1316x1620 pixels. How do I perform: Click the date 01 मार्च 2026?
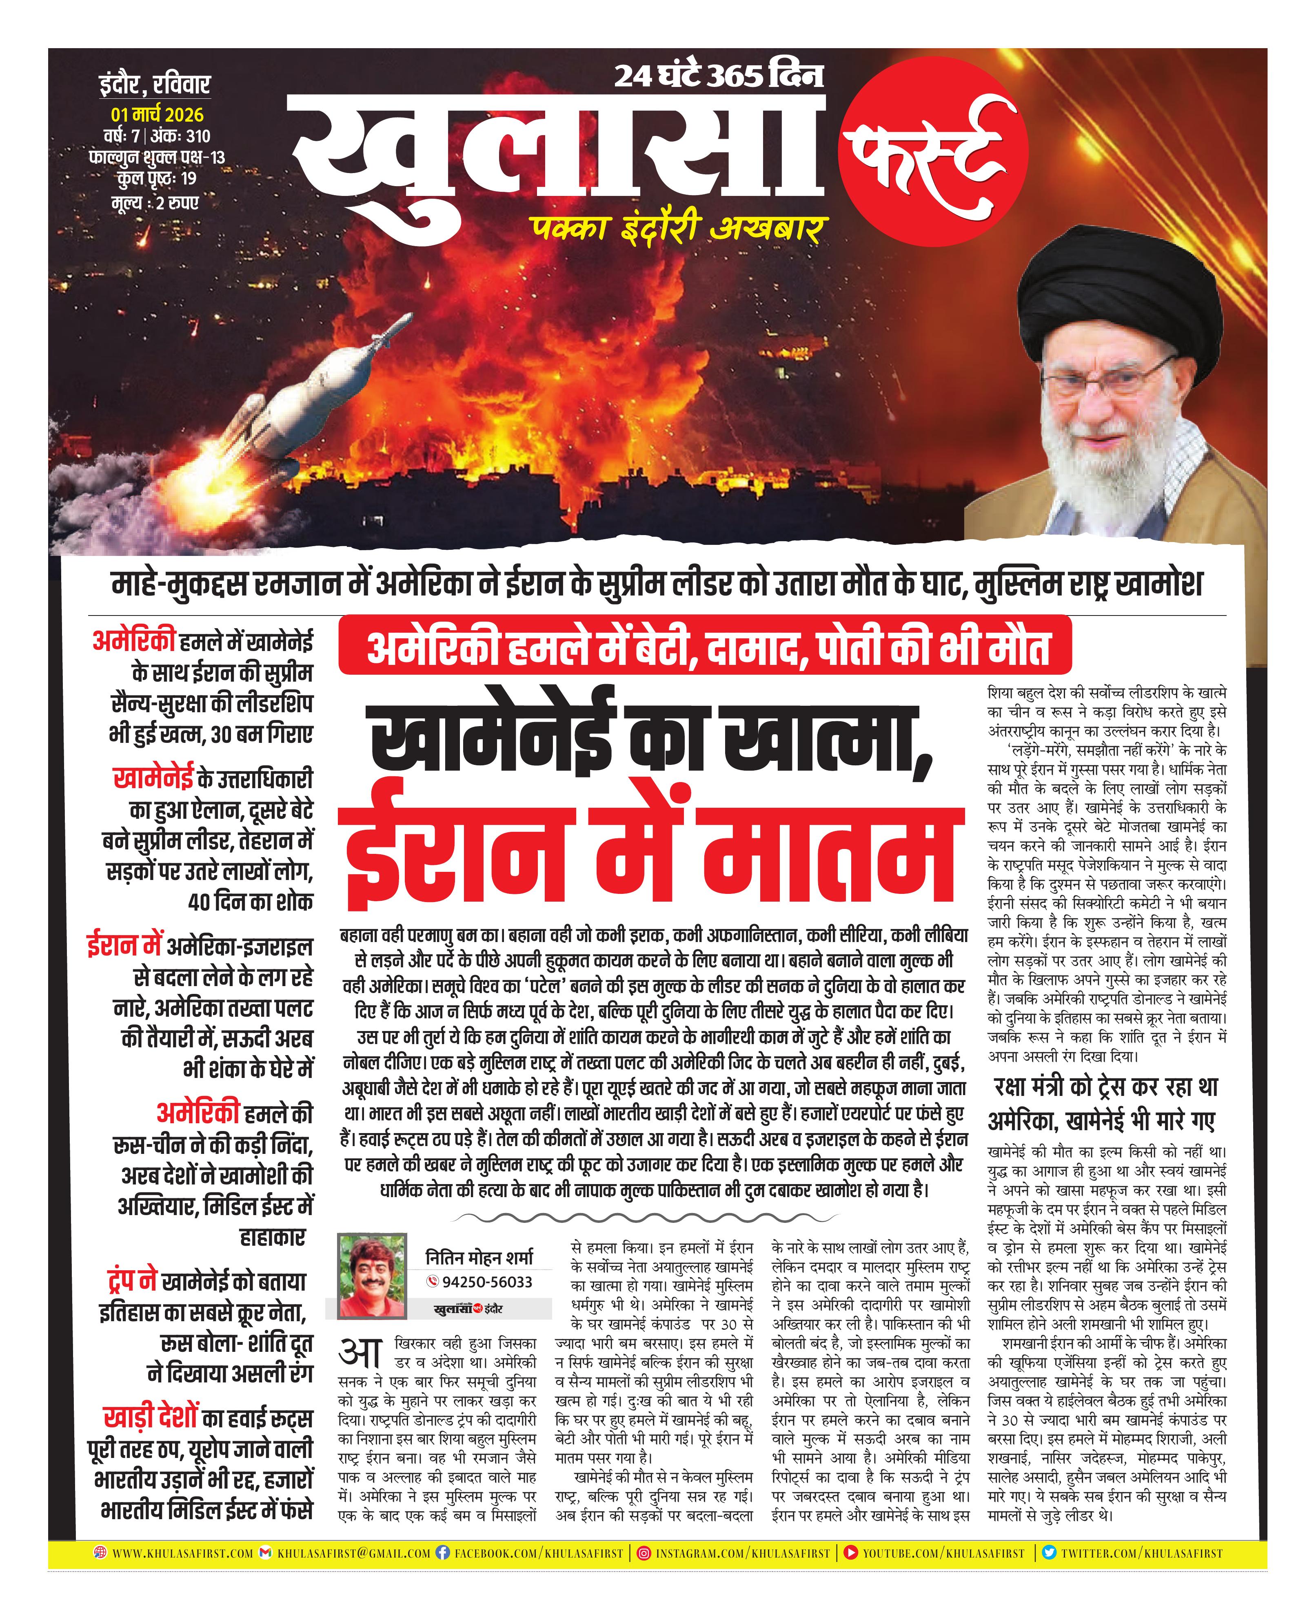pyautogui.click(x=157, y=114)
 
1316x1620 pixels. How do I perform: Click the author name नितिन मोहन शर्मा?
pyautogui.click(x=479, y=1257)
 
